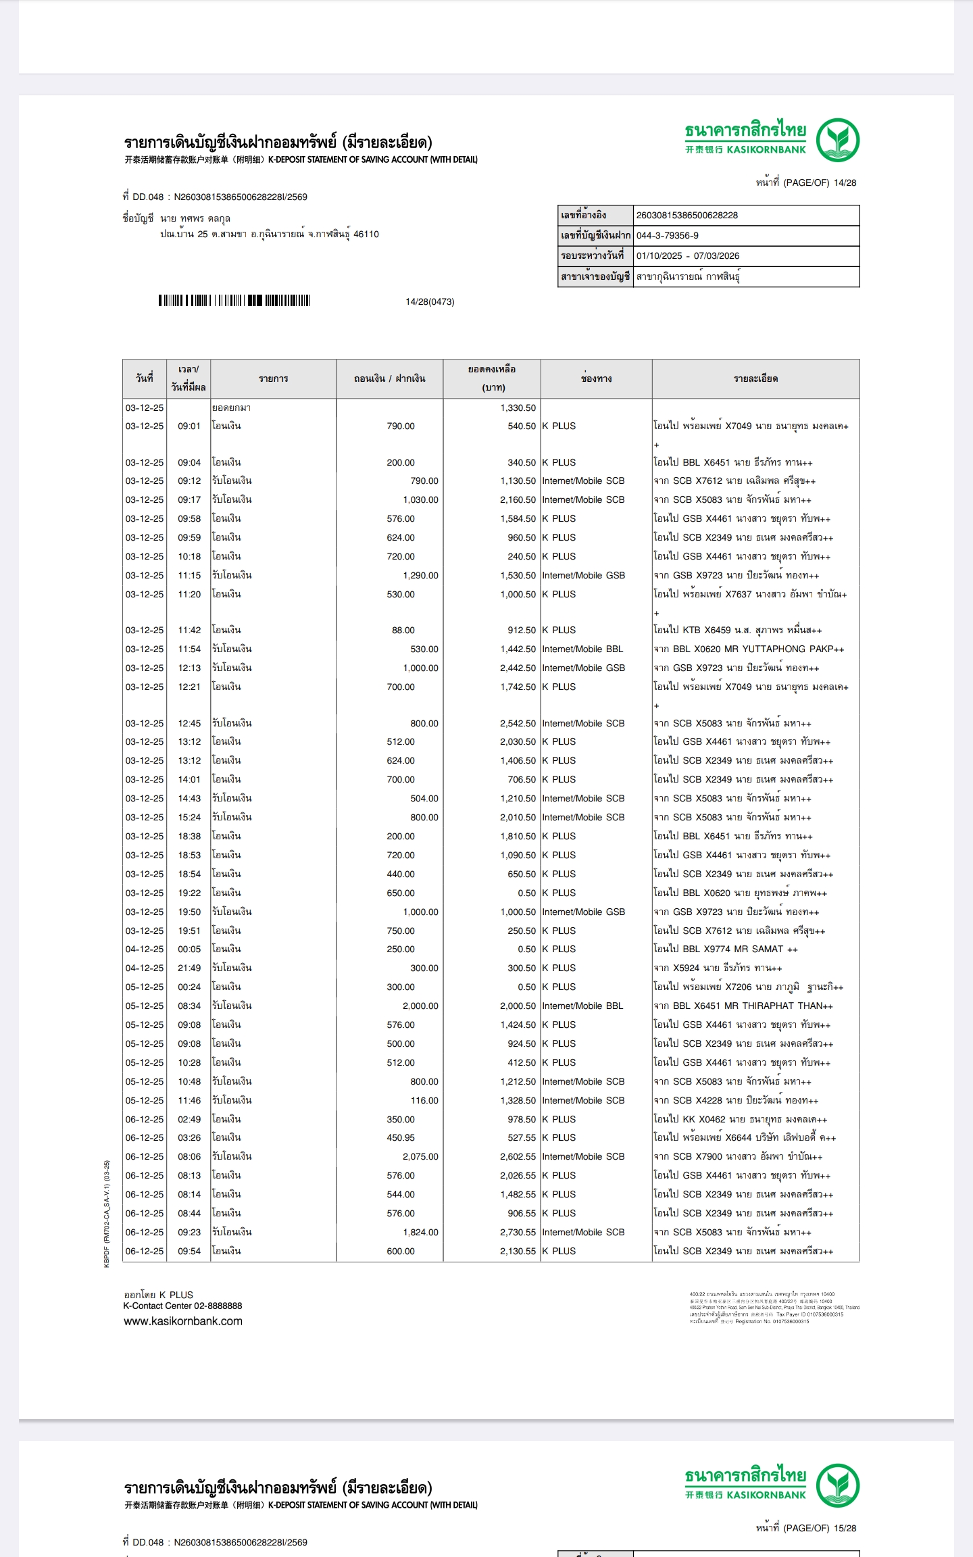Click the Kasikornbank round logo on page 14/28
tap(837, 140)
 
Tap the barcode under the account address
tap(234, 301)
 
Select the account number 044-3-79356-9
tap(668, 236)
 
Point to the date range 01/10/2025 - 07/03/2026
tap(688, 256)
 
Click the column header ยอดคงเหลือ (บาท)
tap(492, 378)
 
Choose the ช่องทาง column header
tap(596, 378)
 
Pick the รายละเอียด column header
tap(755, 378)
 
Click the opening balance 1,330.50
tap(518, 408)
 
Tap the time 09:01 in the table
tap(189, 426)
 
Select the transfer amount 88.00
tap(403, 631)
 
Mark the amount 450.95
tap(401, 1137)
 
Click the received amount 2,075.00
tap(420, 1156)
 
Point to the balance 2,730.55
tap(518, 1232)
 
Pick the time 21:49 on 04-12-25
tap(189, 968)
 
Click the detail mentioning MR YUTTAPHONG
tap(749, 649)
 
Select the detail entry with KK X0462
tap(740, 1119)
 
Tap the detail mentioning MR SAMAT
tap(725, 949)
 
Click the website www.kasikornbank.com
tap(182, 1321)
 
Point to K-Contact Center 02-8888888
tap(182, 1306)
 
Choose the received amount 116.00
tap(424, 1100)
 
